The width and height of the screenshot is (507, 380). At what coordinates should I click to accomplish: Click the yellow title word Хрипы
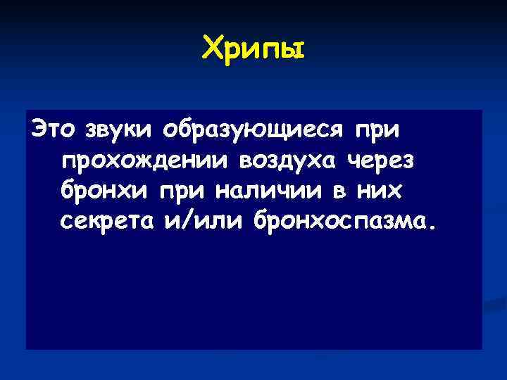pos(254,49)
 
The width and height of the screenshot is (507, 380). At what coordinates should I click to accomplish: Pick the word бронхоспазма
pos(331,222)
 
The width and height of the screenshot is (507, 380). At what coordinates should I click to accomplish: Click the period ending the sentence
pos(432,228)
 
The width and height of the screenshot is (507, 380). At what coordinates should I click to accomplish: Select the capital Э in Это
pos(34,131)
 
